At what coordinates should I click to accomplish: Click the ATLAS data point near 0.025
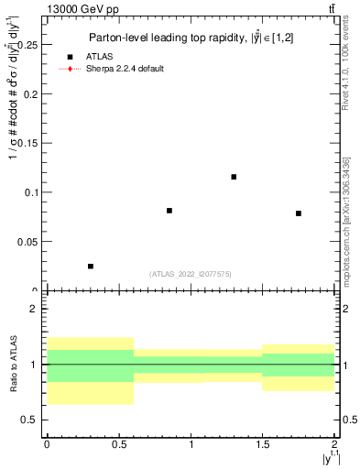point(91,266)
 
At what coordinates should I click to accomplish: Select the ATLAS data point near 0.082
point(169,211)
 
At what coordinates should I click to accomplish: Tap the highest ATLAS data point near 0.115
point(235,177)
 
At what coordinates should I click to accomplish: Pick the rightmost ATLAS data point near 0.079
point(299,213)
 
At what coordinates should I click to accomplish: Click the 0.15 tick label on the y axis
point(30,143)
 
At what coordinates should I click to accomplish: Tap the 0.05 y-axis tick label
point(30,242)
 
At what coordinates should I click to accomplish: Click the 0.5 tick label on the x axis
point(118,443)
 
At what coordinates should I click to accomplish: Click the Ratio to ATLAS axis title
point(12,365)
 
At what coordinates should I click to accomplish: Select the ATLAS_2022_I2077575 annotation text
point(191,273)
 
